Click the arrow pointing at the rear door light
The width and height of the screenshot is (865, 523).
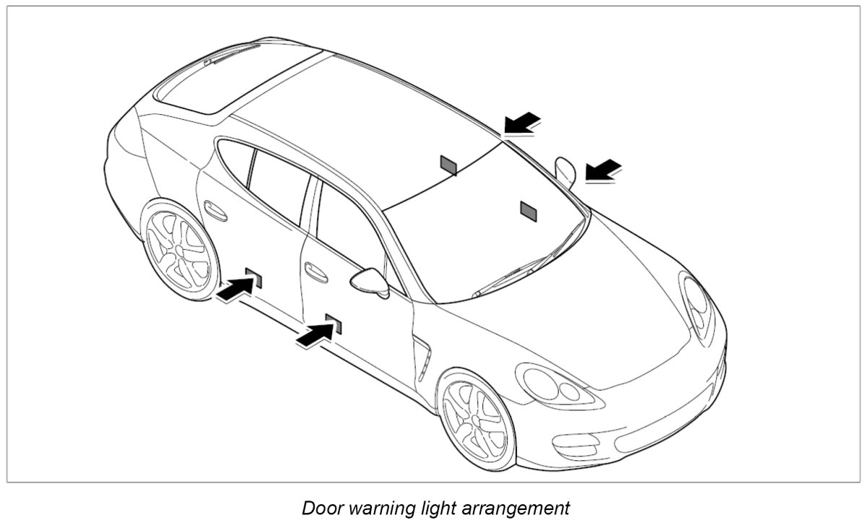click(x=235, y=290)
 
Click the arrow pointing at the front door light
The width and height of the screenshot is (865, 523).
click(x=316, y=334)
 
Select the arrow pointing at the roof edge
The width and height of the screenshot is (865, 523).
click(x=522, y=124)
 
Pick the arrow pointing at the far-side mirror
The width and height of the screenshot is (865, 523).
click(x=603, y=171)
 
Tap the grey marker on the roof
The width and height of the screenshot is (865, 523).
click(x=448, y=165)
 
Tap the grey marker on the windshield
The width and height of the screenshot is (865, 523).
click(x=529, y=209)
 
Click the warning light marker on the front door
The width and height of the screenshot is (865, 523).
click(x=334, y=323)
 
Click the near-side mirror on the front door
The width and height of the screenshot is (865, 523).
click(x=370, y=280)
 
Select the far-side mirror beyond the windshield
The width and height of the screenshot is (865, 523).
click(x=565, y=171)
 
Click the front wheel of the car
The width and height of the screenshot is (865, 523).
click(x=477, y=419)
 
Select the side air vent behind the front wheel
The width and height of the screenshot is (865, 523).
click(x=422, y=358)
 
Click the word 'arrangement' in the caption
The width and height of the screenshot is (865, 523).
click(x=519, y=508)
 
